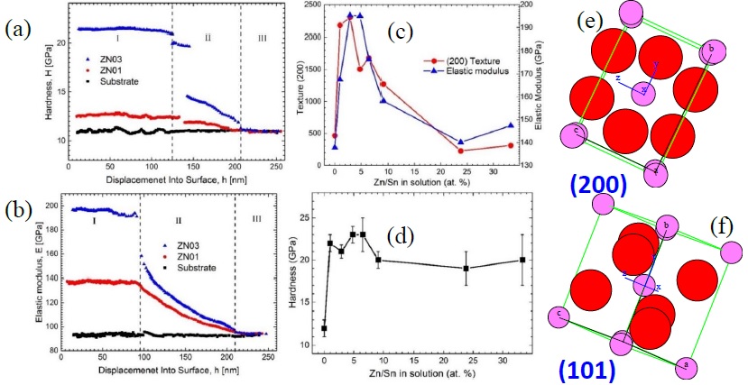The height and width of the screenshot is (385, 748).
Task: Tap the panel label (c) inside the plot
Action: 400,33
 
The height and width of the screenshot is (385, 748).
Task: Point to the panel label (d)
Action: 400,237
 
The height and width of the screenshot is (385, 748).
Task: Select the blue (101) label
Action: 587,370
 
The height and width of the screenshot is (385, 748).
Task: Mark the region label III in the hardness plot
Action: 262,37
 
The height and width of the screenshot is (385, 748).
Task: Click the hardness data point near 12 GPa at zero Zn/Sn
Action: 324,327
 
